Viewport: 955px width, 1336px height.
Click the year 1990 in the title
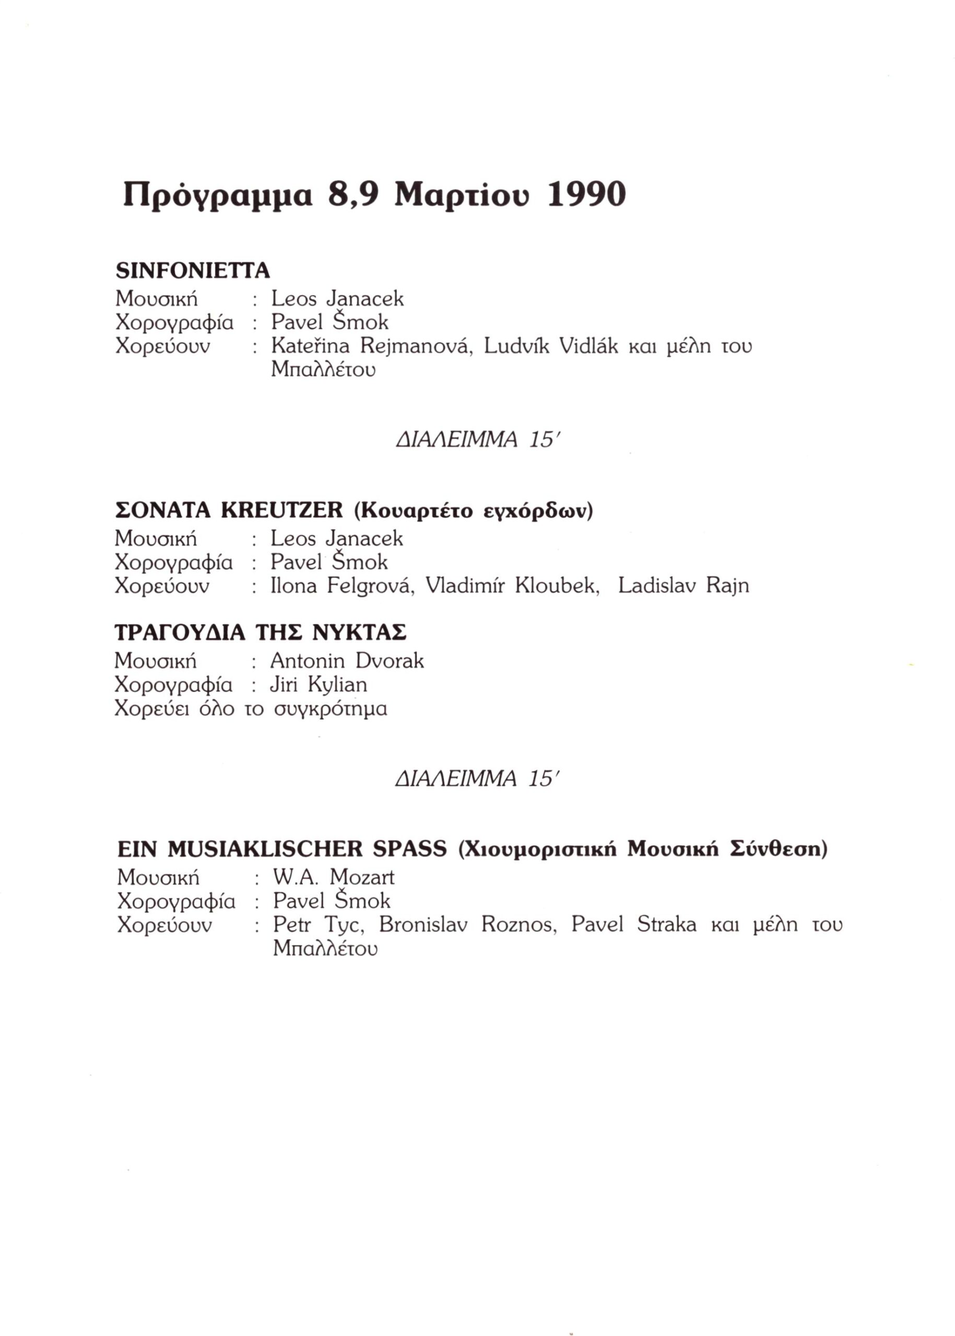[586, 195]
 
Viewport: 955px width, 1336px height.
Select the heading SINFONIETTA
[193, 270]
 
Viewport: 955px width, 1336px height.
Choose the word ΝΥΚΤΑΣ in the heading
[359, 633]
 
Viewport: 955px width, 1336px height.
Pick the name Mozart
[362, 878]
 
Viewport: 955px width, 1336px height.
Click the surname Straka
[666, 925]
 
